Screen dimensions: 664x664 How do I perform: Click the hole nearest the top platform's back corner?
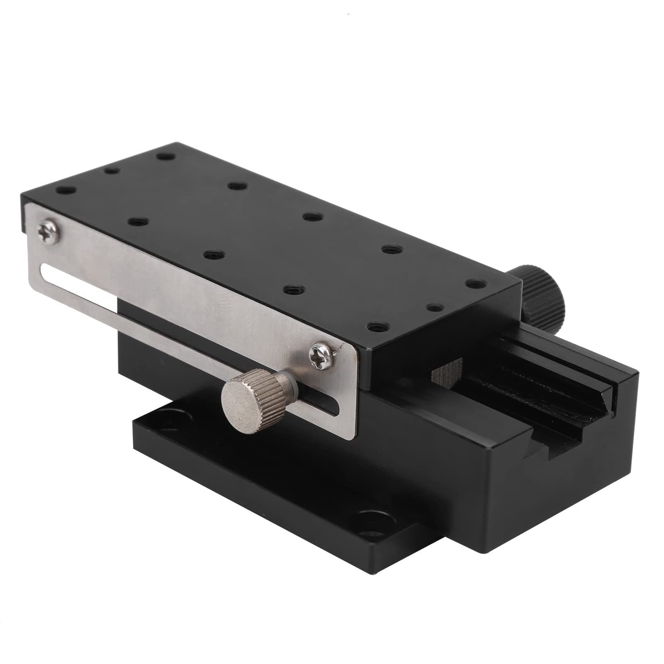(166, 158)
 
